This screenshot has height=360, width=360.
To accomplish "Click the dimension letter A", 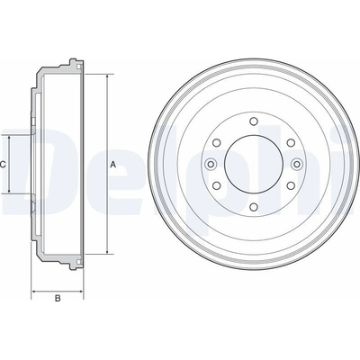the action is tap(112, 165).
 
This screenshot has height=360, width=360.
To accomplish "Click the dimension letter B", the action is tap(58, 298).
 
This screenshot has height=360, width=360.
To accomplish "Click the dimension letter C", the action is tap(3, 165).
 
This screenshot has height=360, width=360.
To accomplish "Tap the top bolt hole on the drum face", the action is tap(254, 121).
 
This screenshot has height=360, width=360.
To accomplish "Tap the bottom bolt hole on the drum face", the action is tap(254, 207).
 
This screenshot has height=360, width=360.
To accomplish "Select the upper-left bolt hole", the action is tap(217, 143).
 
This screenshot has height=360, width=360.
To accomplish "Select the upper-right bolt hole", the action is tap(291, 143).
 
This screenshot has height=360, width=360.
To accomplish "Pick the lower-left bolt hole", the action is tap(217, 185).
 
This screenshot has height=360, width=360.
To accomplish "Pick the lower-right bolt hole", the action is tap(291, 185).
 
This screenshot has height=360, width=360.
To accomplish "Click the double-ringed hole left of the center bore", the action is tap(211, 164).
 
